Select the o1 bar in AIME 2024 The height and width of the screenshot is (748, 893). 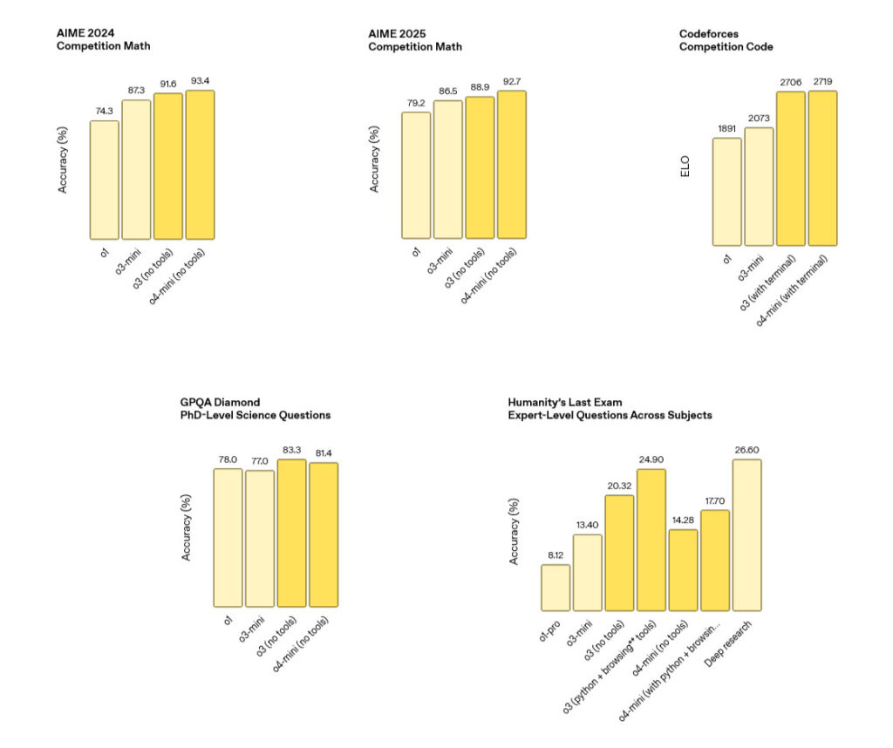point(104,180)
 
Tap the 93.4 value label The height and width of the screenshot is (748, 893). point(200,81)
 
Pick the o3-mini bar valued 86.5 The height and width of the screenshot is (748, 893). point(447,169)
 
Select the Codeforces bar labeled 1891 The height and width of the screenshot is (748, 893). point(726,191)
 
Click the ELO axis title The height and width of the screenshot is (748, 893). point(685,173)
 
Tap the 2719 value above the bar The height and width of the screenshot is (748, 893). point(822,81)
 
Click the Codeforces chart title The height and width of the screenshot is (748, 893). point(726,39)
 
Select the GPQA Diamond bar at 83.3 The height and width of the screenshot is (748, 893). point(291,533)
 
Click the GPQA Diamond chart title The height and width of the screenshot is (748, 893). point(255,408)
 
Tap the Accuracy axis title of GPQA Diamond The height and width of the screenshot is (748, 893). point(186,527)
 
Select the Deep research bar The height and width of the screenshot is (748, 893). point(746,534)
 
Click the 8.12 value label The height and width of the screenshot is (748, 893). point(556,555)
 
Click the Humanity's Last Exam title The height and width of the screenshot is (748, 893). point(610,408)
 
